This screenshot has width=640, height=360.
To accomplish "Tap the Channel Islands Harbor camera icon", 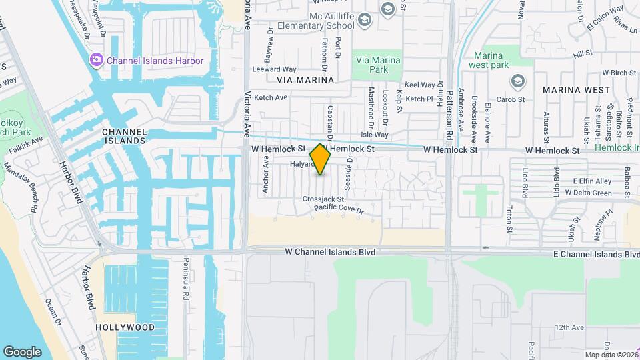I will tap(97, 61).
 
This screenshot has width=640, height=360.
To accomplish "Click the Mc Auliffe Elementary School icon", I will tap(365, 21).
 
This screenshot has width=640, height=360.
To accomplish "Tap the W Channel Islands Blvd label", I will tap(330, 253).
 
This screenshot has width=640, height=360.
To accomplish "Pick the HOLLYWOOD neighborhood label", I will tap(125, 327).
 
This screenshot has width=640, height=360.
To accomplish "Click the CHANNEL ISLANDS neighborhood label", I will tap(124, 136).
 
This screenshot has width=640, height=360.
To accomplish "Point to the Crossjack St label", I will tap(323, 199).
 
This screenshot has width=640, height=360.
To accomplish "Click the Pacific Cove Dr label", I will tap(339, 210).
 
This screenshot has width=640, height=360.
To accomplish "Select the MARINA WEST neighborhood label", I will tap(576, 89).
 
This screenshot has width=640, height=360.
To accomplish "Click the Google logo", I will tap(22, 351).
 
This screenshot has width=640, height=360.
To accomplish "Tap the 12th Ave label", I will tap(569, 327).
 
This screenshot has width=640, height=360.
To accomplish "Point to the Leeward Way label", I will tap(274, 69).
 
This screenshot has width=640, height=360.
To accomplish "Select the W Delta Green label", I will tap(588, 193).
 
